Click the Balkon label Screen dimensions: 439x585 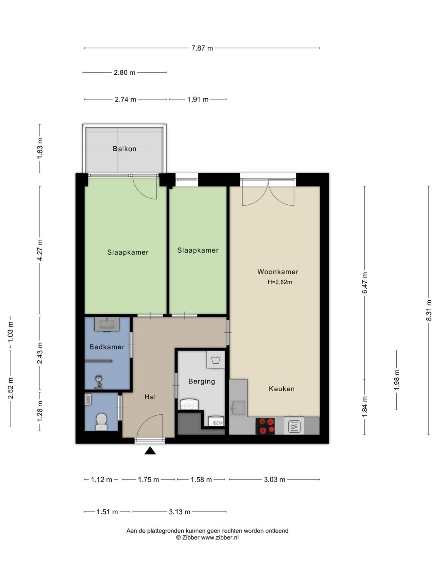[x=124, y=149]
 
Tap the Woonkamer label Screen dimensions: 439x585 [x=278, y=272]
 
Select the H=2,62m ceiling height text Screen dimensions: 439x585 [x=280, y=282]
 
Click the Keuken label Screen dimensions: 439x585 [x=281, y=389]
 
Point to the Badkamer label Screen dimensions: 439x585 [x=107, y=347]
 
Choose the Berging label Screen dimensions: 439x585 [x=202, y=381]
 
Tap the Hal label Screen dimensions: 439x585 [x=150, y=397]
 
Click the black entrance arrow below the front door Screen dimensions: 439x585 [x=150, y=451]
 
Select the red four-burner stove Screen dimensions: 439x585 [x=265, y=426]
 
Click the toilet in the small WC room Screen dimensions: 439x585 [x=101, y=421]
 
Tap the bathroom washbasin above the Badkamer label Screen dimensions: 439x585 [x=106, y=324]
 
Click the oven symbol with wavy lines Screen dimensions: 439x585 [x=294, y=426]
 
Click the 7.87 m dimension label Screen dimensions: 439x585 [x=202, y=48]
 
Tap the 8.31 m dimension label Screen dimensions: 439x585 [x=428, y=310]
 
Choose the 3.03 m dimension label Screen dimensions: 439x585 [x=274, y=480]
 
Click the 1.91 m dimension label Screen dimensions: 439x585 [x=198, y=100]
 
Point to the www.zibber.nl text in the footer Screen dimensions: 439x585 [x=219, y=537]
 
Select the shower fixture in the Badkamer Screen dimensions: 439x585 [x=99, y=381]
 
